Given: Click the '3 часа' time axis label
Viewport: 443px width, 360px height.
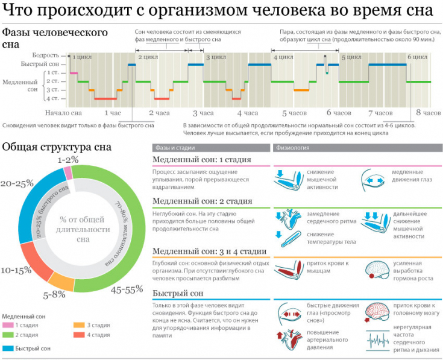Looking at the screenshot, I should pos(203,113).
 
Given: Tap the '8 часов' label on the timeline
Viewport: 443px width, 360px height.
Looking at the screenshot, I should pos(429,113).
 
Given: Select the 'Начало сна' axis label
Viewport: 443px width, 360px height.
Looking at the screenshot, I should pos(63,113).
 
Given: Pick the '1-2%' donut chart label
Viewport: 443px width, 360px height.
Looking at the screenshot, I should pos(69,160).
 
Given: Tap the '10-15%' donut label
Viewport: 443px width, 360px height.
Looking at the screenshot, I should pos(16,270).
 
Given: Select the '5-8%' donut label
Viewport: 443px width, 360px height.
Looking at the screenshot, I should pos(54,295).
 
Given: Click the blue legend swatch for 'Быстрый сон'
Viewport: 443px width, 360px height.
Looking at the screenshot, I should pos(9,349).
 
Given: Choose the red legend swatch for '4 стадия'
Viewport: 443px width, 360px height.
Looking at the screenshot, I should pos(79,335).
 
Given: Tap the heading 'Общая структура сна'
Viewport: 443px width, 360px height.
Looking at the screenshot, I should pos(57,147).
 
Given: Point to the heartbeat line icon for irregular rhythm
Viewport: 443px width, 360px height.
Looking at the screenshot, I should pos(379,341).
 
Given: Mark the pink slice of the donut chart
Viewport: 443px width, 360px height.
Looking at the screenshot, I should pos(68,173).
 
